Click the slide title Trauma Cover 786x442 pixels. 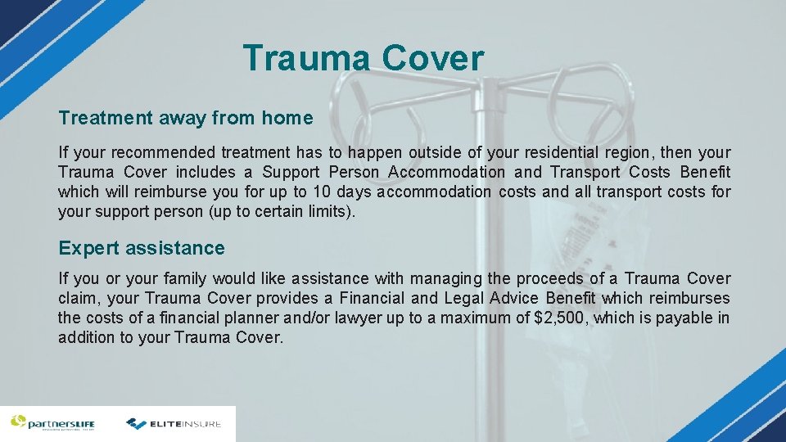click(363, 59)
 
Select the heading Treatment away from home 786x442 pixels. click(185, 118)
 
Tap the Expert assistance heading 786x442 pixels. click(141, 248)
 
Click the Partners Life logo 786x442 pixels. click(52, 423)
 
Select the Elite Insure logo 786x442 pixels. click(174, 423)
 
